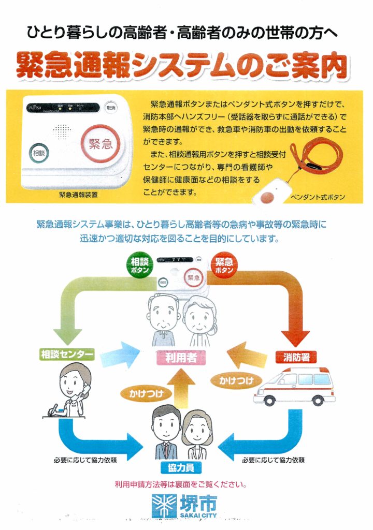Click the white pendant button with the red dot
268,196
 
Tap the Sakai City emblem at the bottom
162,505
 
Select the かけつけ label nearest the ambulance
236,380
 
